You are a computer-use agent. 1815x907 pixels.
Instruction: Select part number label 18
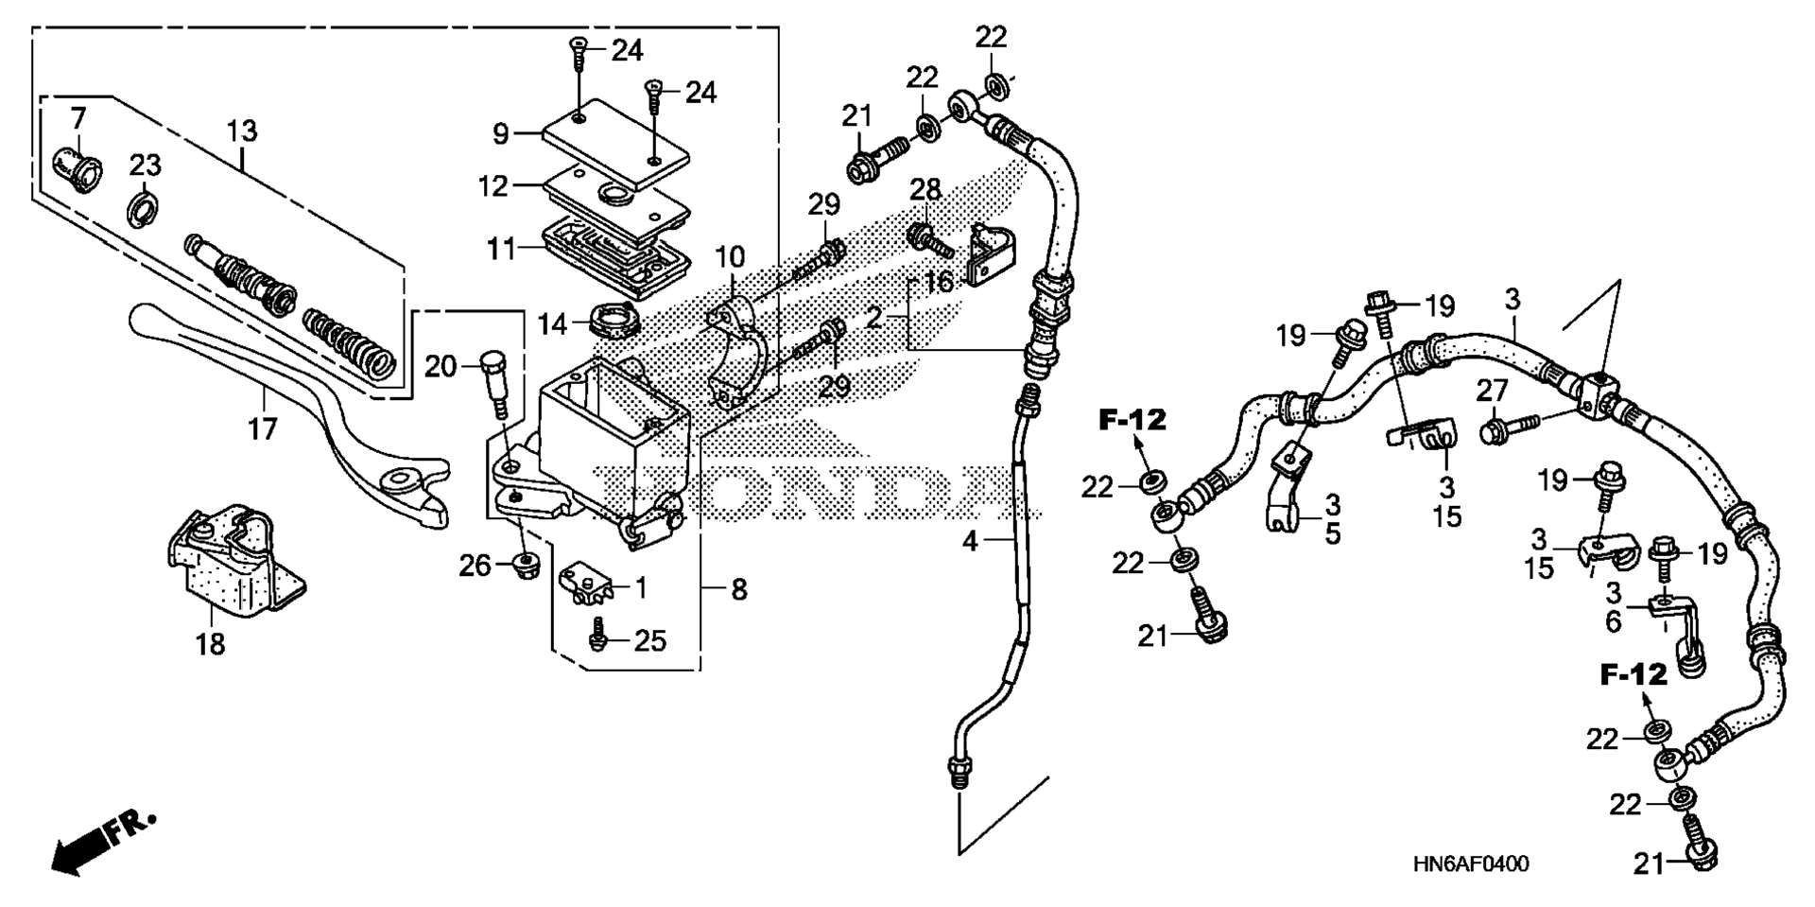[x=210, y=644]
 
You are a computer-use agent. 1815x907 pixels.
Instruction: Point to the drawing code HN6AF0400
[x=1471, y=864]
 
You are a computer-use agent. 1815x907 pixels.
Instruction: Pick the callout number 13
[x=242, y=131]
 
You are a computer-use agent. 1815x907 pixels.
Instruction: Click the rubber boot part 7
[x=78, y=167]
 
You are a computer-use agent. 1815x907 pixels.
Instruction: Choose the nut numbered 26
[x=524, y=566]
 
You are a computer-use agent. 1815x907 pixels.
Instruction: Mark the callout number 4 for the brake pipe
[x=970, y=542]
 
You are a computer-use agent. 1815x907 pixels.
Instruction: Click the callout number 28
[x=925, y=190]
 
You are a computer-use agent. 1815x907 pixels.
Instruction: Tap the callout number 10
[x=730, y=256]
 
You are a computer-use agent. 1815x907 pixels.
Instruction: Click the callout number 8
[x=739, y=590]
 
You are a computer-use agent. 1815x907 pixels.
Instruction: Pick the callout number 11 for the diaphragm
[x=501, y=250]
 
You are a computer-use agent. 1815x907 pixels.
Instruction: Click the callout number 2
[x=873, y=317]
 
